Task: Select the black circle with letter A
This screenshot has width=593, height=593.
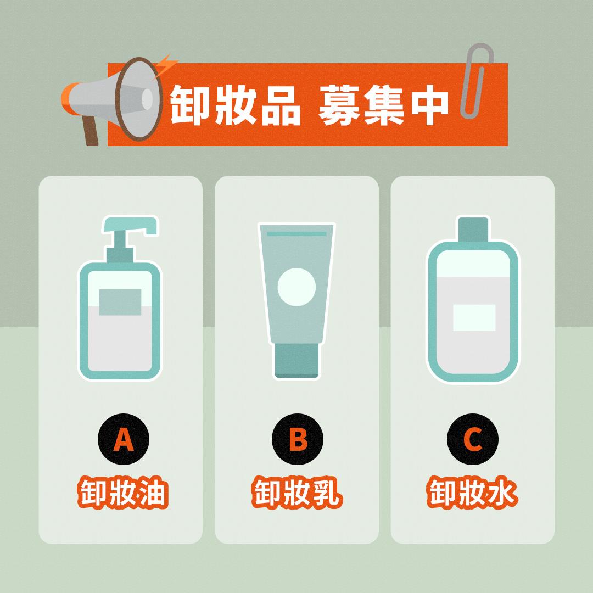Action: pos(124,439)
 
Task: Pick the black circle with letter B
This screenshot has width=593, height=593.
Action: pos(298,439)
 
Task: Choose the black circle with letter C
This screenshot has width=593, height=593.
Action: pos(473,439)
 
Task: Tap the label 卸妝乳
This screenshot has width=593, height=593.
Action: pos(297,492)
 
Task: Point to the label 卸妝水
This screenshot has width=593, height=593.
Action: pos(472,492)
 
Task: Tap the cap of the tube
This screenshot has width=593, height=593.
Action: pos(297,360)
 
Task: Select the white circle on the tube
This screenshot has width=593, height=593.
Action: pos(296,287)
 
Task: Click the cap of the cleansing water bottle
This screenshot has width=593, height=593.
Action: pos(473,229)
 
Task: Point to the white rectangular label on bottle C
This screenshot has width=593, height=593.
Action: pos(474,318)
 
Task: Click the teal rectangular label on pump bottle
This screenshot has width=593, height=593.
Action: pos(120,303)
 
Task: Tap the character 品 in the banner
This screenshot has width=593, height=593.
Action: pos(281,105)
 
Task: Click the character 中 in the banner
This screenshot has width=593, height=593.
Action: pos(430,105)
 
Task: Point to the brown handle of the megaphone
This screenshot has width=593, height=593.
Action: pos(90,130)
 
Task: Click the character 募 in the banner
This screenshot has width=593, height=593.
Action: pos(338,105)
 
